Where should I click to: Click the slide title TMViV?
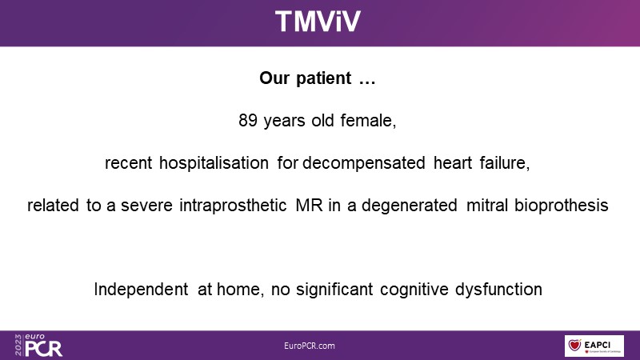[x=318, y=22]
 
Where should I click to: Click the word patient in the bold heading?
[x=323, y=78]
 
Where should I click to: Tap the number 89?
[x=248, y=121]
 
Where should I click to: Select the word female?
[x=367, y=121]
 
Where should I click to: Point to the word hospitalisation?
[x=214, y=163]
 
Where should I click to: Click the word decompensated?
[x=364, y=163]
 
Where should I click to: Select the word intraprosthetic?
[x=233, y=206]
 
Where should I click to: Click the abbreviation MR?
[x=309, y=206]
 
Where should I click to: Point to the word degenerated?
[x=410, y=206]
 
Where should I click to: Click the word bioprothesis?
[x=562, y=206]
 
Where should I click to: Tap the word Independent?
[x=141, y=290]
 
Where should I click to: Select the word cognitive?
[x=414, y=290]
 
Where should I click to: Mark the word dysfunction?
[x=498, y=290]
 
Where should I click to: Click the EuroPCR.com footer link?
[x=310, y=346]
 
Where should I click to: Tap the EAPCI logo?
[x=594, y=346]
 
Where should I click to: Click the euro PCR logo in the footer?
[x=38, y=346]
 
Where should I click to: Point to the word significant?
[x=334, y=290]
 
